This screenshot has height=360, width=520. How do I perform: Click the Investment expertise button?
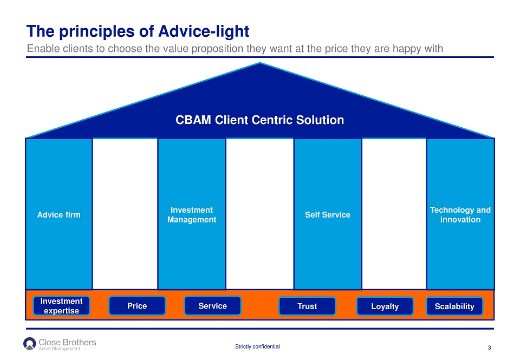61,306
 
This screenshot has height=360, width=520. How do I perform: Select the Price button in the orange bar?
137,306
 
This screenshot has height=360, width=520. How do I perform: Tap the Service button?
212,306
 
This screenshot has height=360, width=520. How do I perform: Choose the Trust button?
307,306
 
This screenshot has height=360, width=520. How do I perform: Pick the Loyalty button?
385,306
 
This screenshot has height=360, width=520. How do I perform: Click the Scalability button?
454,306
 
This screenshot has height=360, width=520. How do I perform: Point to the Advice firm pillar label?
58,215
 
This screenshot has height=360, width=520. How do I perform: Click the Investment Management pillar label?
192,215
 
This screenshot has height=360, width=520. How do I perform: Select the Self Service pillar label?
328,215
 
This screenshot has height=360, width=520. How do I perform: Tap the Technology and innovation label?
460,215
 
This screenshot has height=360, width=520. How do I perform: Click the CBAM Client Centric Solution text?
259,120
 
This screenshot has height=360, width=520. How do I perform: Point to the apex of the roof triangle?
260,63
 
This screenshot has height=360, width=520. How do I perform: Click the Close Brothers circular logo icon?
29,343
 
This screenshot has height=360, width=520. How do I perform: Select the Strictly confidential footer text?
257,346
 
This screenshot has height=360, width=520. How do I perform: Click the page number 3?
489,348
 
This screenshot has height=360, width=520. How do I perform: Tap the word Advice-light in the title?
204,31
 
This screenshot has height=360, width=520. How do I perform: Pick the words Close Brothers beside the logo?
67,342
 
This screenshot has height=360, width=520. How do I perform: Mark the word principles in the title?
97,32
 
